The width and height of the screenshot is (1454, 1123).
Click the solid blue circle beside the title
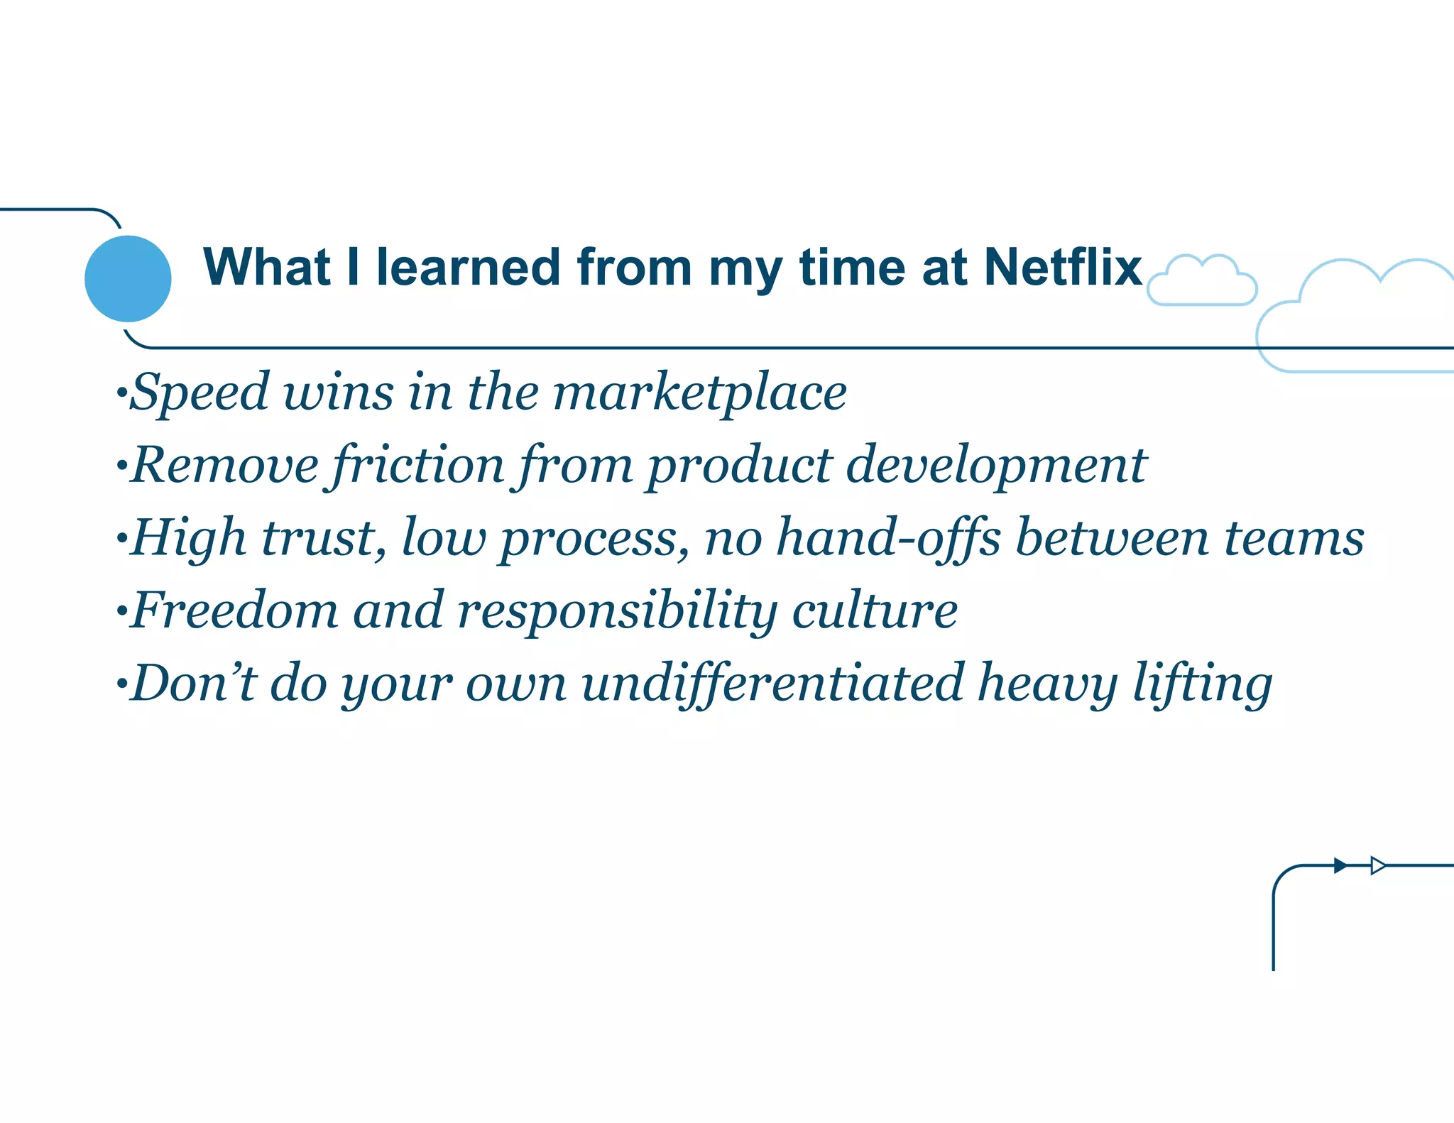128,278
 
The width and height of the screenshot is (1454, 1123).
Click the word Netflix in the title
1063,267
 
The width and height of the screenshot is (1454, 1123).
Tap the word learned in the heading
469,267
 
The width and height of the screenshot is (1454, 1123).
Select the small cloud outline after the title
1202,283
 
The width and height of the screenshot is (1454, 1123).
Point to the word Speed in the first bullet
201,393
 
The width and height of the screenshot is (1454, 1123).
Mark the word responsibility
617,612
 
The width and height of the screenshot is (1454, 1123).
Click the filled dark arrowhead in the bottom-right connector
1340,865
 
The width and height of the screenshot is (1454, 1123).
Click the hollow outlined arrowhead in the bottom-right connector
1377,865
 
